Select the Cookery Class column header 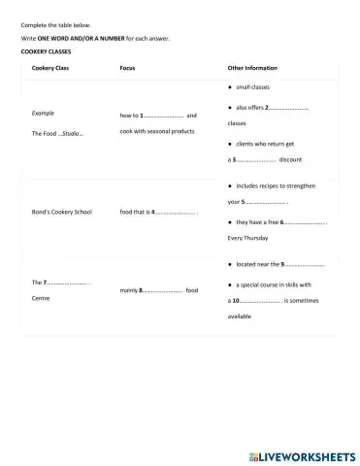(49, 68)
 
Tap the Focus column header (127, 68)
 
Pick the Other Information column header (252, 68)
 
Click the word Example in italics (43, 114)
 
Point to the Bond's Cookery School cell (61, 212)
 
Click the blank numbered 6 (303, 222)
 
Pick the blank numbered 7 (68, 283)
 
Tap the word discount (290, 159)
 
